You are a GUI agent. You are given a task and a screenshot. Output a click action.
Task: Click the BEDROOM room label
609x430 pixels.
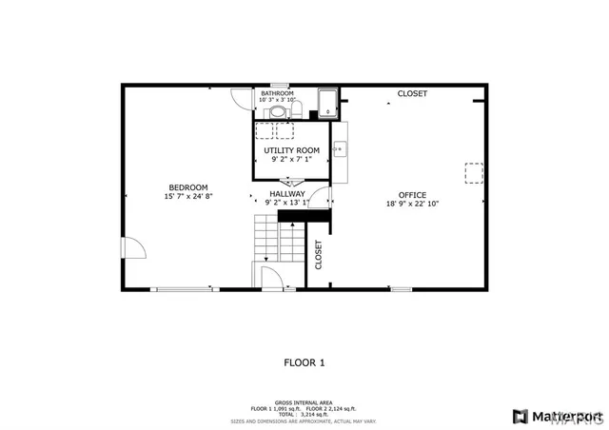pyautogui.click(x=188, y=187)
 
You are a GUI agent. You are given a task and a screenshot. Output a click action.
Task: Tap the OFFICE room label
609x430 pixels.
pyautogui.click(x=412, y=194)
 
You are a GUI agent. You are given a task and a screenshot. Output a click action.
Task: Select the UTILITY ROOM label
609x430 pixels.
pyautogui.click(x=291, y=150)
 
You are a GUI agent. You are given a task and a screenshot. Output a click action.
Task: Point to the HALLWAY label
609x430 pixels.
pyautogui.click(x=286, y=193)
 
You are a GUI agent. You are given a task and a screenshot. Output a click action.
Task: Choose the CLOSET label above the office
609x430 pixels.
pyautogui.click(x=412, y=93)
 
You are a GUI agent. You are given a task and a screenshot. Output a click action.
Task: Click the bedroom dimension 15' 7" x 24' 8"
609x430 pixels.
pyautogui.click(x=188, y=197)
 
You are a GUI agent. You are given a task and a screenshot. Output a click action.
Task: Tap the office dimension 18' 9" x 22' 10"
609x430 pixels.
pyautogui.click(x=412, y=204)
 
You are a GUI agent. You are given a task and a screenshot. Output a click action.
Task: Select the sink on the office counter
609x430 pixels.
pyautogui.click(x=339, y=148)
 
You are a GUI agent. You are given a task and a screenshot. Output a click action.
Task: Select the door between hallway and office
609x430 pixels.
pyautogui.click(x=324, y=200)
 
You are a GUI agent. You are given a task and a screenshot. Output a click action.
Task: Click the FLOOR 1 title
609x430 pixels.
pyautogui.click(x=304, y=362)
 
